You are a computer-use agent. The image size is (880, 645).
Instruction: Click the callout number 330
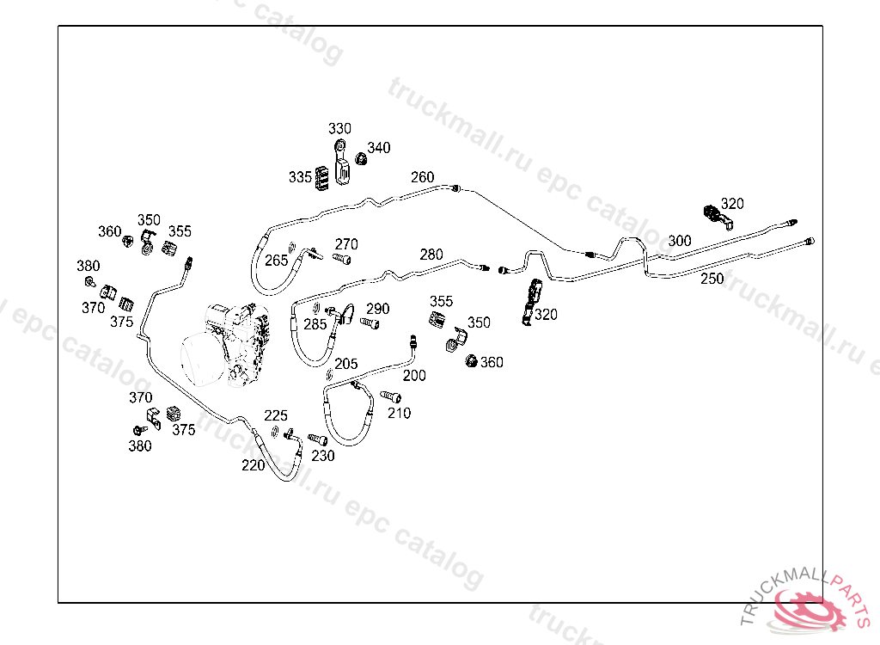coord(339,129)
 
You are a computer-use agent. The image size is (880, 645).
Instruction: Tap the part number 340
coord(379,148)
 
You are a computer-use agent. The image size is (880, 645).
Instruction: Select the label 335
coord(300,177)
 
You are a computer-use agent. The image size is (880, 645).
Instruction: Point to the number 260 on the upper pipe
coord(422,177)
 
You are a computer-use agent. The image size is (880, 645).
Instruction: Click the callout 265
coord(276,260)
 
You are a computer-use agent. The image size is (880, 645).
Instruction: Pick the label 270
coord(346,244)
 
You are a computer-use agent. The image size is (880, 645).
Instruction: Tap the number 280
coord(431,255)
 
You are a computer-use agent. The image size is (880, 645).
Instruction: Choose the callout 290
coord(378,309)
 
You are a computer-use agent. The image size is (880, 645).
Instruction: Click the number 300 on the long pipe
coord(679,241)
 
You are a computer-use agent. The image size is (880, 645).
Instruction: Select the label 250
coord(712,279)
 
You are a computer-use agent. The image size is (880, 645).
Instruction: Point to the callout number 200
coord(414,375)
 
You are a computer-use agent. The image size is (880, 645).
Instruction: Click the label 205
coord(345,364)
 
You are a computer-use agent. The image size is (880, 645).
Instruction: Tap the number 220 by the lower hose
coord(253,465)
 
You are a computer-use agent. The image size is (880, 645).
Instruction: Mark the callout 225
coord(275,416)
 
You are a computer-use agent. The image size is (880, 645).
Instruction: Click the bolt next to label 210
coord(390,396)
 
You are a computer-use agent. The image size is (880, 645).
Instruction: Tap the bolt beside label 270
coord(341,258)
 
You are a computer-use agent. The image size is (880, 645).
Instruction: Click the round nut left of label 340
coord(362,160)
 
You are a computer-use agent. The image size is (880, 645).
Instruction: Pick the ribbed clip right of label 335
coord(323,179)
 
